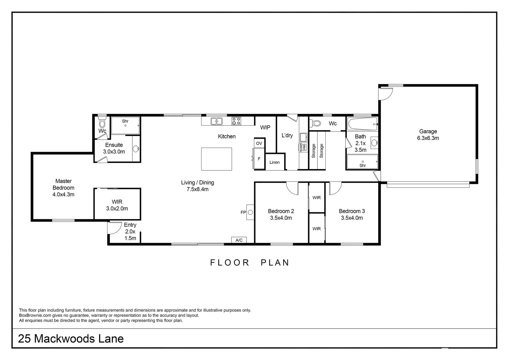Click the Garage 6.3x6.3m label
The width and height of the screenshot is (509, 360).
click(x=428, y=135)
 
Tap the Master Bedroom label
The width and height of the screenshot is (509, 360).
click(x=63, y=188)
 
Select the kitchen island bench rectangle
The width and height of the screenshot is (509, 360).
click(x=217, y=159)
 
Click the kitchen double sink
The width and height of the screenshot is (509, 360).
click(x=217, y=121)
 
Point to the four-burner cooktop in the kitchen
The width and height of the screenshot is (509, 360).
click(x=237, y=121)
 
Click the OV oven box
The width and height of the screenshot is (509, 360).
click(x=259, y=143)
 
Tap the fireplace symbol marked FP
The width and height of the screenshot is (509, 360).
click(x=250, y=212)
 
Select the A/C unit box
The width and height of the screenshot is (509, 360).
click(x=239, y=240)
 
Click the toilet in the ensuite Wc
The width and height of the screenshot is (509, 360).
click(x=102, y=123)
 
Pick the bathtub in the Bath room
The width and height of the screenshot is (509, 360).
click(x=362, y=124)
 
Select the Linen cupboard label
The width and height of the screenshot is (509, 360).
click(x=274, y=162)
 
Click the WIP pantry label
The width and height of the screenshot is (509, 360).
click(x=265, y=127)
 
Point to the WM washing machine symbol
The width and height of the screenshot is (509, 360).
click(x=304, y=147)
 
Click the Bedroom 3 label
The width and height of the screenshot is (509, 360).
click(x=352, y=214)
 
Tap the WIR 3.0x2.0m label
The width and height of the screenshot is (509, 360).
click(x=117, y=205)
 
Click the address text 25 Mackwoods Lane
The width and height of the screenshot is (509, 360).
click(x=71, y=339)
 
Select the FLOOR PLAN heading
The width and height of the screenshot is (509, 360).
click(x=250, y=263)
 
